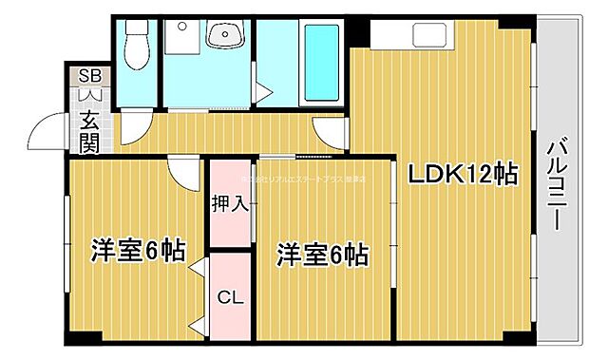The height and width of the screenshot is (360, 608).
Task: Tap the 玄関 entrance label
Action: click(89, 131)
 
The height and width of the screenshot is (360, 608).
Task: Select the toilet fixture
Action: click(136, 42)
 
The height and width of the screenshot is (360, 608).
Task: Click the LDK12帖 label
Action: click(463, 174)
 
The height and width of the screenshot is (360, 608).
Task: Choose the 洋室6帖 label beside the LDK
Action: click(322, 255)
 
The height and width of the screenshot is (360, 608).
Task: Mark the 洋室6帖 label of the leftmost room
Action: click(137, 251)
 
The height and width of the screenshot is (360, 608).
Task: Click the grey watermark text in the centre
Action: click(304, 178)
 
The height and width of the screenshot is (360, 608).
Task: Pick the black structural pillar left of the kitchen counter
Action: click(357, 30)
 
